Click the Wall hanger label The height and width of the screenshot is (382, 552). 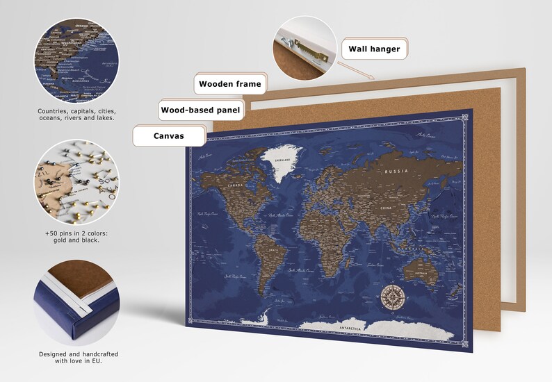tap(374, 49)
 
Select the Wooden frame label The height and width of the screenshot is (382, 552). tap(230, 85)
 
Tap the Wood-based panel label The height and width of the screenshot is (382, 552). tap(200, 110)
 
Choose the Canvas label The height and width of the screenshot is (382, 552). tap(169, 135)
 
